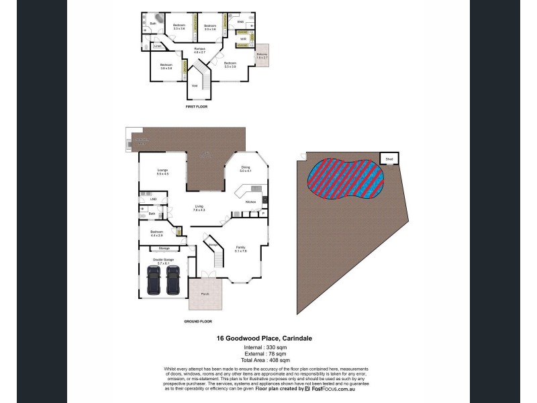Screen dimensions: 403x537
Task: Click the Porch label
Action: tap(205, 293)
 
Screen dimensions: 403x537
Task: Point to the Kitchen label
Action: tap(251, 201)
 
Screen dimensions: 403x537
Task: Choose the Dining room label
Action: tap(245, 169)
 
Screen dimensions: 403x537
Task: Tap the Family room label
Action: tap(240, 249)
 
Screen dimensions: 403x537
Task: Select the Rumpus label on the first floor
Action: tap(199, 49)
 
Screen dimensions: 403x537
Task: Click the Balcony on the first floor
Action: tap(262, 56)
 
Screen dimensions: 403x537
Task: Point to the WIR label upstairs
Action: tap(244, 39)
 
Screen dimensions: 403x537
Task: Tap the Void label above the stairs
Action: tap(195, 85)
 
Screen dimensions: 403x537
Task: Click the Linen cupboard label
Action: tap(157, 46)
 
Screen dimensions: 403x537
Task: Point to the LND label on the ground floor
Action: tap(153, 199)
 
